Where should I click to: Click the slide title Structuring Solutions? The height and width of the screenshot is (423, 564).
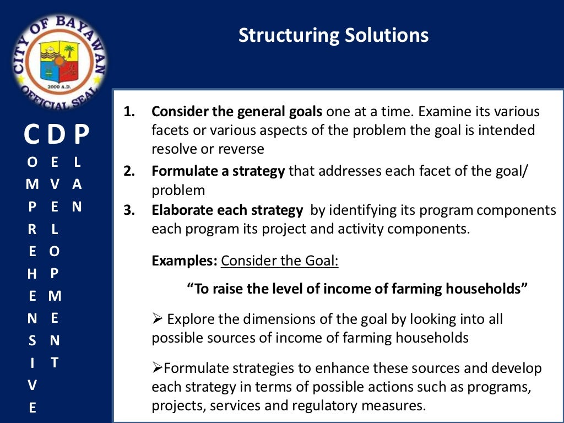(x=333, y=35)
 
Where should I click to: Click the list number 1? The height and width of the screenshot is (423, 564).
(x=129, y=112)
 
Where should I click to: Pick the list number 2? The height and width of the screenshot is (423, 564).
(x=129, y=171)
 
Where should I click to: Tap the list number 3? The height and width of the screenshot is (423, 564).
(x=129, y=210)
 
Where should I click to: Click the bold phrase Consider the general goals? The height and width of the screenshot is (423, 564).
(x=237, y=112)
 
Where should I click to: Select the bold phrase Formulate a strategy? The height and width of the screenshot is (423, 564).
(x=218, y=171)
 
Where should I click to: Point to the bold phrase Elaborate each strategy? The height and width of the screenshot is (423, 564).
(x=227, y=210)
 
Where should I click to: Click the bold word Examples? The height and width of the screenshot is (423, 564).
(x=185, y=260)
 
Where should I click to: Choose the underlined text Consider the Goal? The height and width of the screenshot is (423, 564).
(x=279, y=260)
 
